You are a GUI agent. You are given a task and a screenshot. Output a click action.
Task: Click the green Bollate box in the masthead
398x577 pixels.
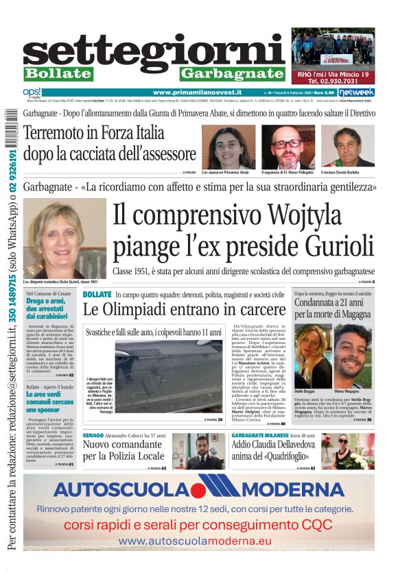pyautogui.click(x=58, y=73)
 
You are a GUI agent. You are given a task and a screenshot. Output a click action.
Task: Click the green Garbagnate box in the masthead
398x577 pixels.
pyautogui.click(x=233, y=73)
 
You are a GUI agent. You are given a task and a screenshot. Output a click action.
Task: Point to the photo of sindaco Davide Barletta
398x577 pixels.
pyautogui.click(x=348, y=146)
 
